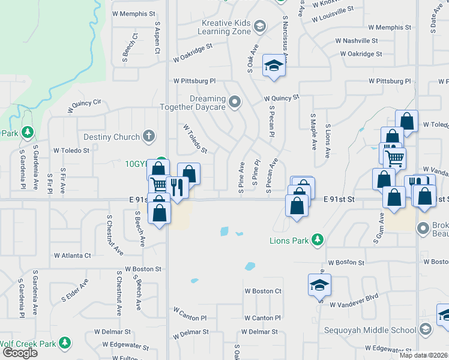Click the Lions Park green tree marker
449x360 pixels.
click(318, 241)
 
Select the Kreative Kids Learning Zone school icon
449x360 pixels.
click(259, 26)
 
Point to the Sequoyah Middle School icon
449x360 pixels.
click(425, 329)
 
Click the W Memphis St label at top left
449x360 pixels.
click(134, 13)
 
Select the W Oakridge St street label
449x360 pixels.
click(193, 52)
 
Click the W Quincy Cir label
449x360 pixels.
click(85, 106)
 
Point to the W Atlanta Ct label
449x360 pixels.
click(72, 255)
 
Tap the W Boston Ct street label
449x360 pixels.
click(262, 291)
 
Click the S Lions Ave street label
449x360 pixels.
click(328, 141)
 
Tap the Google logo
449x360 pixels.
click(19, 353)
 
